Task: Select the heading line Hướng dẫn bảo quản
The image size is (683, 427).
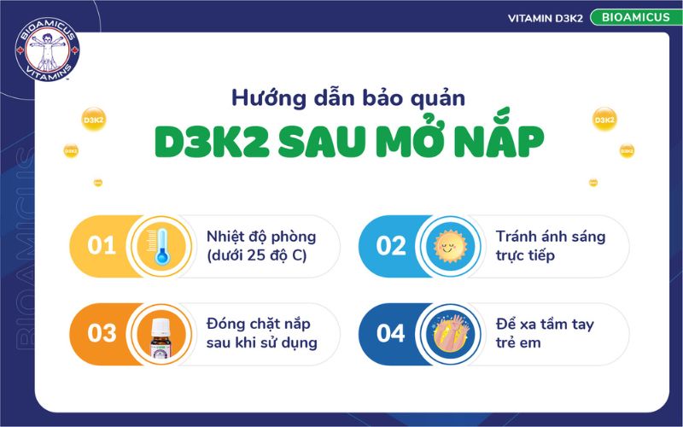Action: pyautogui.click(x=348, y=97)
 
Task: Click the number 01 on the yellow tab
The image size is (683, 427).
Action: pyautogui.click(x=102, y=246)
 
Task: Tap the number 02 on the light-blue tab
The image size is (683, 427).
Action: pyautogui.click(x=391, y=246)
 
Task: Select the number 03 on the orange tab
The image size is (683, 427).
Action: pyautogui.click(x=102, y=332)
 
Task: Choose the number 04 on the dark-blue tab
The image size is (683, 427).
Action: pyautogui.click(x=391, y=332)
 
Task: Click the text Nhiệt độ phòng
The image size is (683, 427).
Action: pyautogui.click(x=260, y=237)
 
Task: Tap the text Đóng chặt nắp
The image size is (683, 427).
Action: pyautogui.click(x=258, y=324)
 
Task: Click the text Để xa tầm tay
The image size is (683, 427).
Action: pyautogui.click(x=545, y=324)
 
